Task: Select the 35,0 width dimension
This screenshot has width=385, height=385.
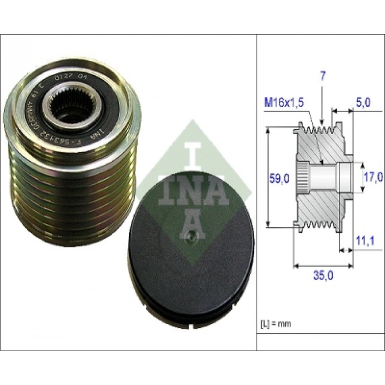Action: [x=323, y=276]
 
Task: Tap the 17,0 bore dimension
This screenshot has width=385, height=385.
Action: [x=373, y=177]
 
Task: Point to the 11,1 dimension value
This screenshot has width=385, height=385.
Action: [x=365, y=242]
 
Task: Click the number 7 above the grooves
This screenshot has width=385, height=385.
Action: [x=323, y=77]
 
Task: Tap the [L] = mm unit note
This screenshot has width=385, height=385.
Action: [x=275, y=324]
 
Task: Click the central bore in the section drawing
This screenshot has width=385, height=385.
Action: [x=325, y=176]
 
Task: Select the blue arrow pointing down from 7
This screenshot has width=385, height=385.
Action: [x=322, y=103]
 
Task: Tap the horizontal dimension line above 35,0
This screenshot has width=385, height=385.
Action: [x=324, y=265]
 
